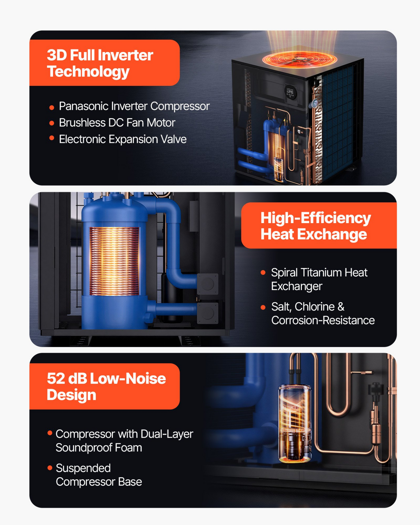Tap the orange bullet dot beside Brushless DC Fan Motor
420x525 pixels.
click(52, 123)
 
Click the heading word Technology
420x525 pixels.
click(88, 72)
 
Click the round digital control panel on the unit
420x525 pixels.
click(291, 92)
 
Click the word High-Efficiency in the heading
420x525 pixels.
click(315, 218)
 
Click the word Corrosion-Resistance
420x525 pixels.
click(323, 320)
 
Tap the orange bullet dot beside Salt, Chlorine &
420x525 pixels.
click(263, 307)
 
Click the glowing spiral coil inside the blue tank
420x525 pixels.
click(114, 261)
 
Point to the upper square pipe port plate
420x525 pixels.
click(208, 284)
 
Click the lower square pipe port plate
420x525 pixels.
click(208, 313)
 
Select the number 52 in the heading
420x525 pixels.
click(56, 379)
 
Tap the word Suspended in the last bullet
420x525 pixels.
click(83, 468)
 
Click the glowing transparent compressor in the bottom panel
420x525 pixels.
click(295, 424)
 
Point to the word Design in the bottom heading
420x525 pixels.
click(71, 395)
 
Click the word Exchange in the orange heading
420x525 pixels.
click(332, 235)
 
